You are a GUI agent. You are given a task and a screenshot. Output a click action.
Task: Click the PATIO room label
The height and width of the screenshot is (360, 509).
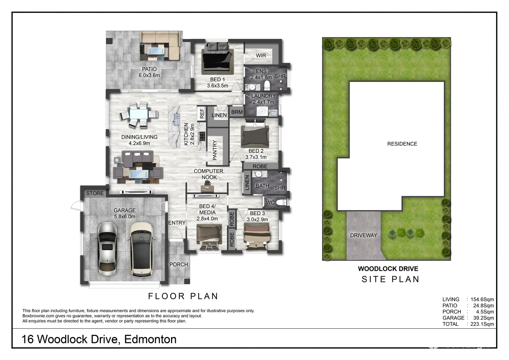[149, 69]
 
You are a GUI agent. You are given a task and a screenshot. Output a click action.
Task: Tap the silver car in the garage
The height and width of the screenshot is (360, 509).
[107, 248]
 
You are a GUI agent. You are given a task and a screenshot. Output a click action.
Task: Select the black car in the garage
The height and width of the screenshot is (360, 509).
[141, 249]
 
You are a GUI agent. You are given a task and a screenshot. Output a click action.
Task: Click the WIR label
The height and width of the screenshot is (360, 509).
[261, 56]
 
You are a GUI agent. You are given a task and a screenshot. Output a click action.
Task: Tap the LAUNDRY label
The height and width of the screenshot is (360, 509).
[263, 96]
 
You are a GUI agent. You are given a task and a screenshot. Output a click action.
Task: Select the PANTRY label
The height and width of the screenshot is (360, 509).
[215, 150]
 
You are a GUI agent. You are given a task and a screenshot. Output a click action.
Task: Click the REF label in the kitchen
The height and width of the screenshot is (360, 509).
[202, 113]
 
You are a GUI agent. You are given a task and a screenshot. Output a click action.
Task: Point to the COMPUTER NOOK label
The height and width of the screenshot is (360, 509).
[208, 174]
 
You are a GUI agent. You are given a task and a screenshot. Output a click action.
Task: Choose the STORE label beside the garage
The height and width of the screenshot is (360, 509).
[95, 193]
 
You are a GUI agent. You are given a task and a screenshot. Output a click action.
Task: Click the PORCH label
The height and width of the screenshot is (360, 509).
[178, 265]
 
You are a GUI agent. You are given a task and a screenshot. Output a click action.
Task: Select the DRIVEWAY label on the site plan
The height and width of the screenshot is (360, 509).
[363, 235]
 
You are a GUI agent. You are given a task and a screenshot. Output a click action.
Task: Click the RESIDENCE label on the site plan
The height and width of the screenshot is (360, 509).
[402, 144]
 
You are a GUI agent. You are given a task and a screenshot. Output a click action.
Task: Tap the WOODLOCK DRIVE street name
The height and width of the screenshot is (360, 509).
[388, 269]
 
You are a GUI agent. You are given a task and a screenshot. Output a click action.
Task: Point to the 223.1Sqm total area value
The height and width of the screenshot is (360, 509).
[482, 324]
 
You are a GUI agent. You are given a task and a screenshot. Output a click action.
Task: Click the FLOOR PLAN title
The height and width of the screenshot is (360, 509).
[183, 296]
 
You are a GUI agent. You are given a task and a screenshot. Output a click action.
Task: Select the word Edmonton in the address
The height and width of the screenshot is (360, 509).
[150, 339]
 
